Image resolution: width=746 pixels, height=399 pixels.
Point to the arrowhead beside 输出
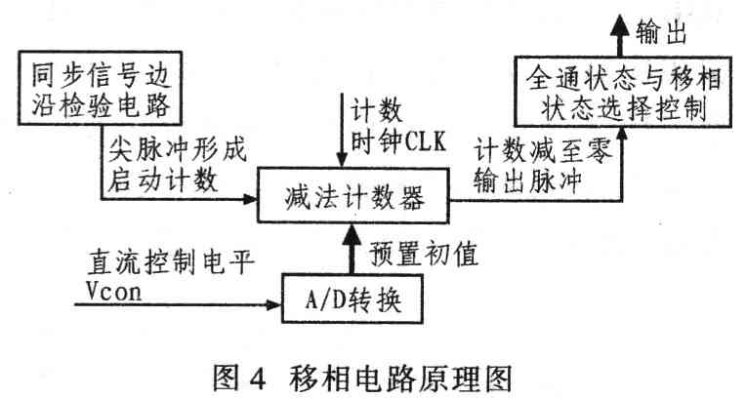[x=616, y=27]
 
